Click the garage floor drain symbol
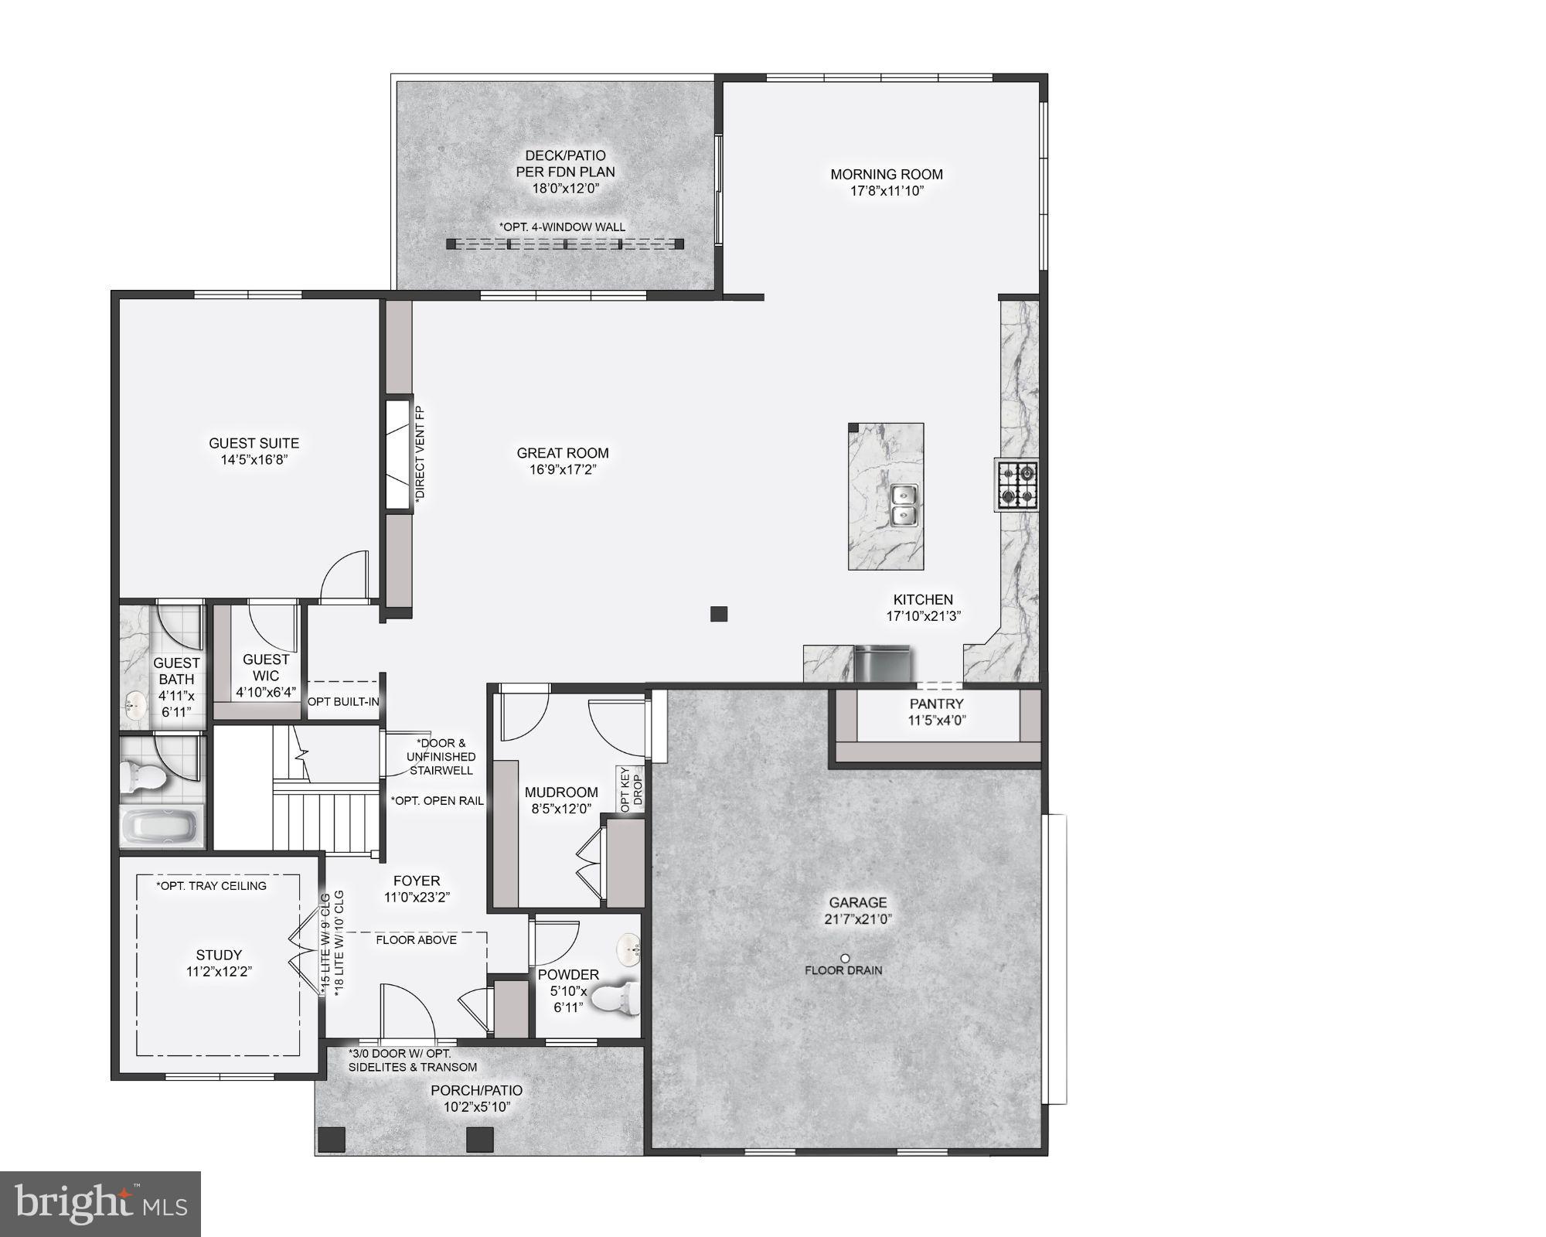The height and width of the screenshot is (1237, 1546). point(845,958)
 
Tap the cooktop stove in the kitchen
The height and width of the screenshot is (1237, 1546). point(1016,484)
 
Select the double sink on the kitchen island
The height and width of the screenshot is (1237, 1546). point(902,505)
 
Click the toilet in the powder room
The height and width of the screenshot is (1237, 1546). point(618,998)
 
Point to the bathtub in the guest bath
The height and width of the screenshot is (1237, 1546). point(161,826)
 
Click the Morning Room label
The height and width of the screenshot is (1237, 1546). point(887,175)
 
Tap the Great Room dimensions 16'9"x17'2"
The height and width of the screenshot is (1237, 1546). point(563,469)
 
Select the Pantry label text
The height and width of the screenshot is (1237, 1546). point(936,704)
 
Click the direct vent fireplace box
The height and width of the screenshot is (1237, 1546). point(397,454)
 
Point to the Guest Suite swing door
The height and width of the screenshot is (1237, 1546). point(346,575)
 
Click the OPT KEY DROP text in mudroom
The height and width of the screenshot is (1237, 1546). point(630,789)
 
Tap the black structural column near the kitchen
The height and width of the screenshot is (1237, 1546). point(719,614)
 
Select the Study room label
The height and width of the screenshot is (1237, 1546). point(219,955)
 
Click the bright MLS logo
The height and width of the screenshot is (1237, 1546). point(100,1204)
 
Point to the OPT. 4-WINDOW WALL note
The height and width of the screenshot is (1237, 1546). point(563,227)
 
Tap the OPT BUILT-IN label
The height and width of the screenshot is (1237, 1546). point(343,702)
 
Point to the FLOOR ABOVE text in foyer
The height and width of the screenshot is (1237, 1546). point(416,940)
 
